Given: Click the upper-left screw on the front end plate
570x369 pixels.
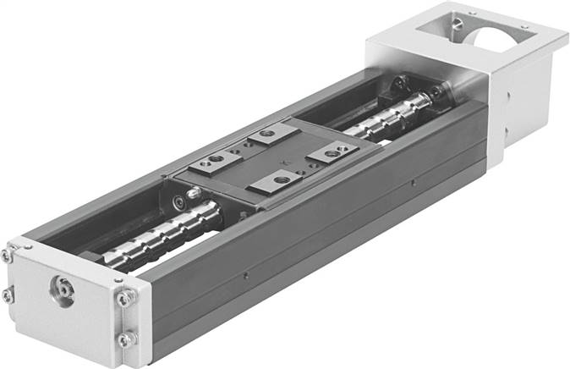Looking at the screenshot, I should (x=8, y=255).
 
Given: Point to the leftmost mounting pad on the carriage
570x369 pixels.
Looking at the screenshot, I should (x=214, y=162).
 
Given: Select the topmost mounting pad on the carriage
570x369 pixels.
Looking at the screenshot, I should (x=265, y=135).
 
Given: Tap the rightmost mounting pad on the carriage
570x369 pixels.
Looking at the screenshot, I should (x=332, y=153).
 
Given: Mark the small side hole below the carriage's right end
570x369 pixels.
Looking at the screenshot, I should (x=412, y=180).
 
